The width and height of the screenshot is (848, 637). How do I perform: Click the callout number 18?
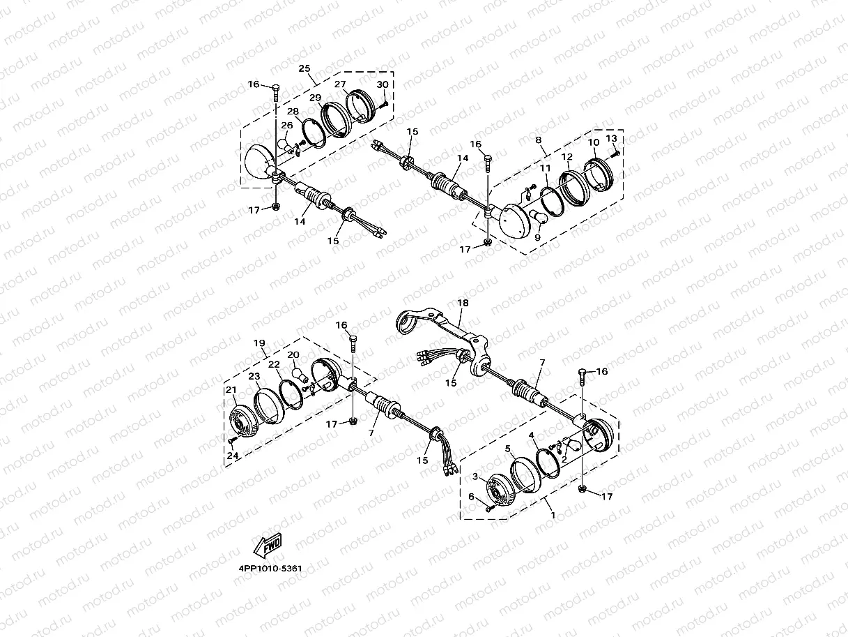coord(463,303)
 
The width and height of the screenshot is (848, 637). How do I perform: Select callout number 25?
coord(304,68)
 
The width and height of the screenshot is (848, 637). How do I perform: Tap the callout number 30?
coord(382,84)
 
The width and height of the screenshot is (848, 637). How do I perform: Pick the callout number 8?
coord(539,140)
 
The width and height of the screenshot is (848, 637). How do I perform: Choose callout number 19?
coord(259,343)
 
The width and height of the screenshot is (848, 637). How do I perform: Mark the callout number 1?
coord(553,515)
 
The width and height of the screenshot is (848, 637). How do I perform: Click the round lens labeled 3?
coord(498,490)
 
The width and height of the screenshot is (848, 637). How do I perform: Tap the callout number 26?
coord(287,126)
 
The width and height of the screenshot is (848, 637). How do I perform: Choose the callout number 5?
coord(509,449)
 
